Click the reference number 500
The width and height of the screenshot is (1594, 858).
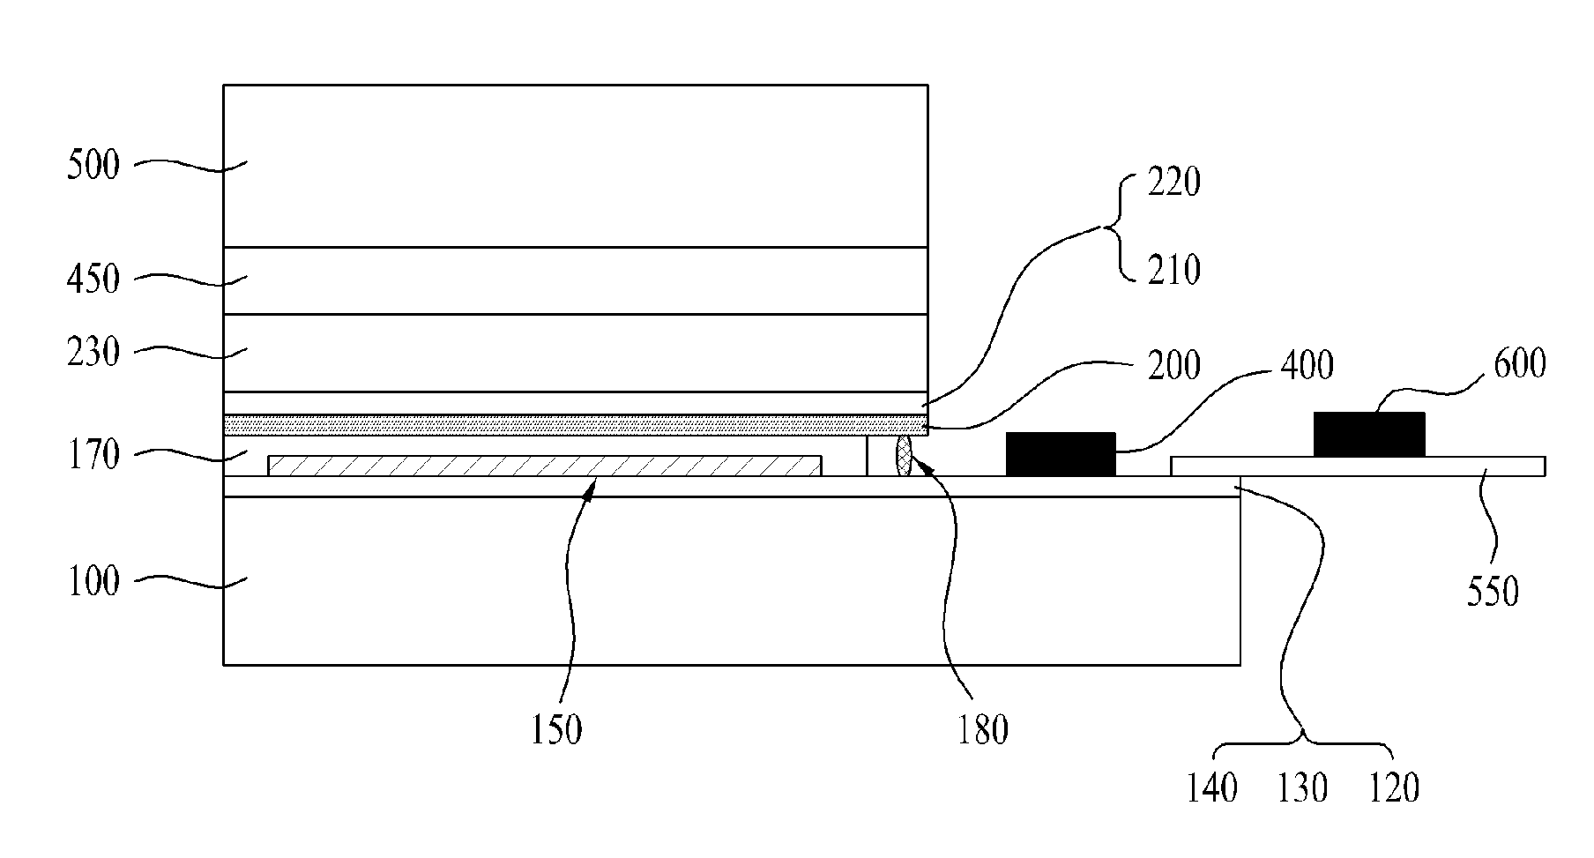click(x=93, y=165)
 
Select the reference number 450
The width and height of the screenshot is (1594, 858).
click(x=93, y=280)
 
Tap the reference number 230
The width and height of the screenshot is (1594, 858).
click(x=93, y=353)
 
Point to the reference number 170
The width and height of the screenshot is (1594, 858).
click(x=93, y=456)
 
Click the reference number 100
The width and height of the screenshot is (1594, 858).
click(x=93, y=582)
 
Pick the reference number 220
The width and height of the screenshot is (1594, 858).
click(x=1173, y=183)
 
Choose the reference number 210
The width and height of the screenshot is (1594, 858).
click(x=1173, y=270)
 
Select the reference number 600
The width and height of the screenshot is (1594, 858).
click(x=1520, y=363)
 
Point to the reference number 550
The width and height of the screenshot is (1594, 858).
click(x=1493, y=592)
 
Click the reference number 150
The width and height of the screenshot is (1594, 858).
click(x=556, y=730)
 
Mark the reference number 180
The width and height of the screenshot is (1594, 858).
click(x=982, y=730)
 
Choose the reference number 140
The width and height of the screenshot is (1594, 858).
click(x=1212, y=787)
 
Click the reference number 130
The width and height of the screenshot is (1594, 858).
click(x=1302, y=787)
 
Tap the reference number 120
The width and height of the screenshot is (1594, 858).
click(x=1394, y=787)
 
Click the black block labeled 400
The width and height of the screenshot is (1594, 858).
click(x=1061, y=454)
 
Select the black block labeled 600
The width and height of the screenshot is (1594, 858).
click(x=1368, y=434)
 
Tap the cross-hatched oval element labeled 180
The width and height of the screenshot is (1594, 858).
click(x=905, y=455)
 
